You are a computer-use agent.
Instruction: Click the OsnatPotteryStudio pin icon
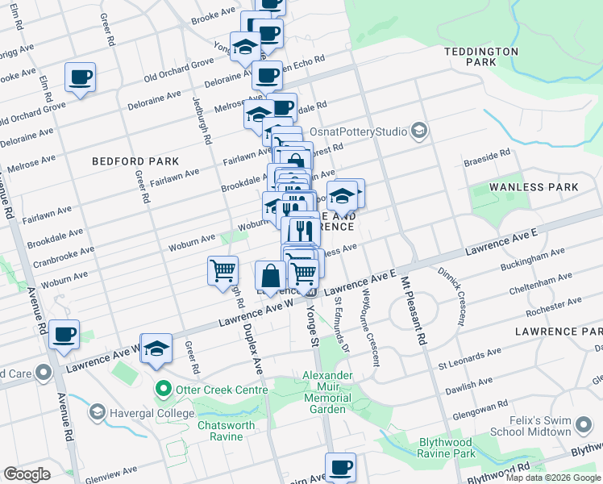(418, 130)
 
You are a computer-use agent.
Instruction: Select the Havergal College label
(150, 412)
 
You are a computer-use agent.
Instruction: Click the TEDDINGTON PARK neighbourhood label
(481, 56)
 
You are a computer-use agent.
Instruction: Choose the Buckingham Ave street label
(533, 259)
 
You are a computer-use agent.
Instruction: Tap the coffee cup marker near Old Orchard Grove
(81, 77)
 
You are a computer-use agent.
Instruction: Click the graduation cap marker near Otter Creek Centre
(158, 348)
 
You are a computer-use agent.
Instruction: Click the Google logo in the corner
(27, 474)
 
